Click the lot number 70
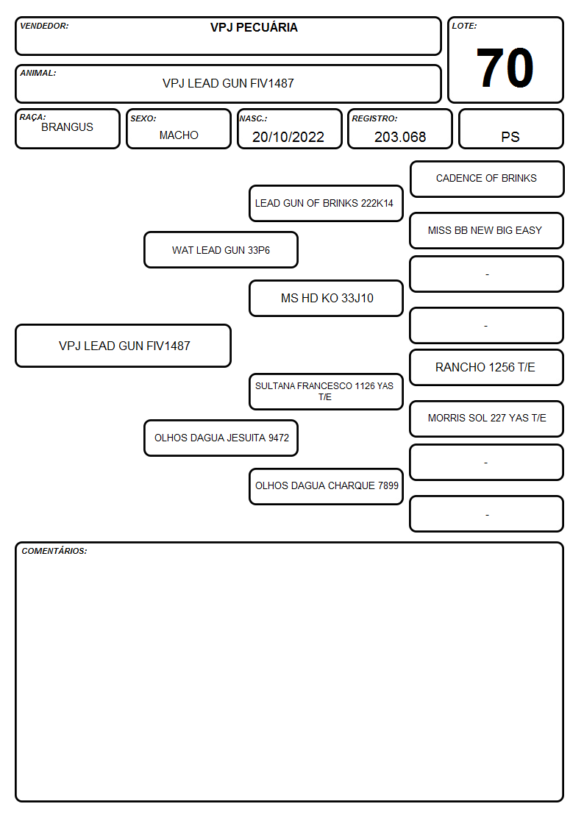click(505, 68)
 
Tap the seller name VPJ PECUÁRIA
click(254, 27)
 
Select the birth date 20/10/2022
click(288, 137)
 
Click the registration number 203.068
click(399, 137)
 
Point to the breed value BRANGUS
click(67, 127)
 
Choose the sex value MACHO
click(179, 135)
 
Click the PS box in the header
click(510, 129)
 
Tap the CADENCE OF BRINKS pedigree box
click(487, 179)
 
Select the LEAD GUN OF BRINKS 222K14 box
click(326, 203)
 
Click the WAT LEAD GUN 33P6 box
click(221, 249)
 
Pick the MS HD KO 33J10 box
click(326, 298)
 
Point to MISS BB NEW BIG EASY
click(485, 230)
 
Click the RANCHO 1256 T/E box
click(487, 368)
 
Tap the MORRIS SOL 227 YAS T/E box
click(487, 419)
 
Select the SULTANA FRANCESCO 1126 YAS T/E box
click(326, 391)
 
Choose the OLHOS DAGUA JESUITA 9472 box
click(221, 438)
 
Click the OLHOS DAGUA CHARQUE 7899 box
click(326, 486)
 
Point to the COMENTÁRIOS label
click(54, 551)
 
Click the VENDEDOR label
click(44, 26)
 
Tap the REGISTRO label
click(374, 118)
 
